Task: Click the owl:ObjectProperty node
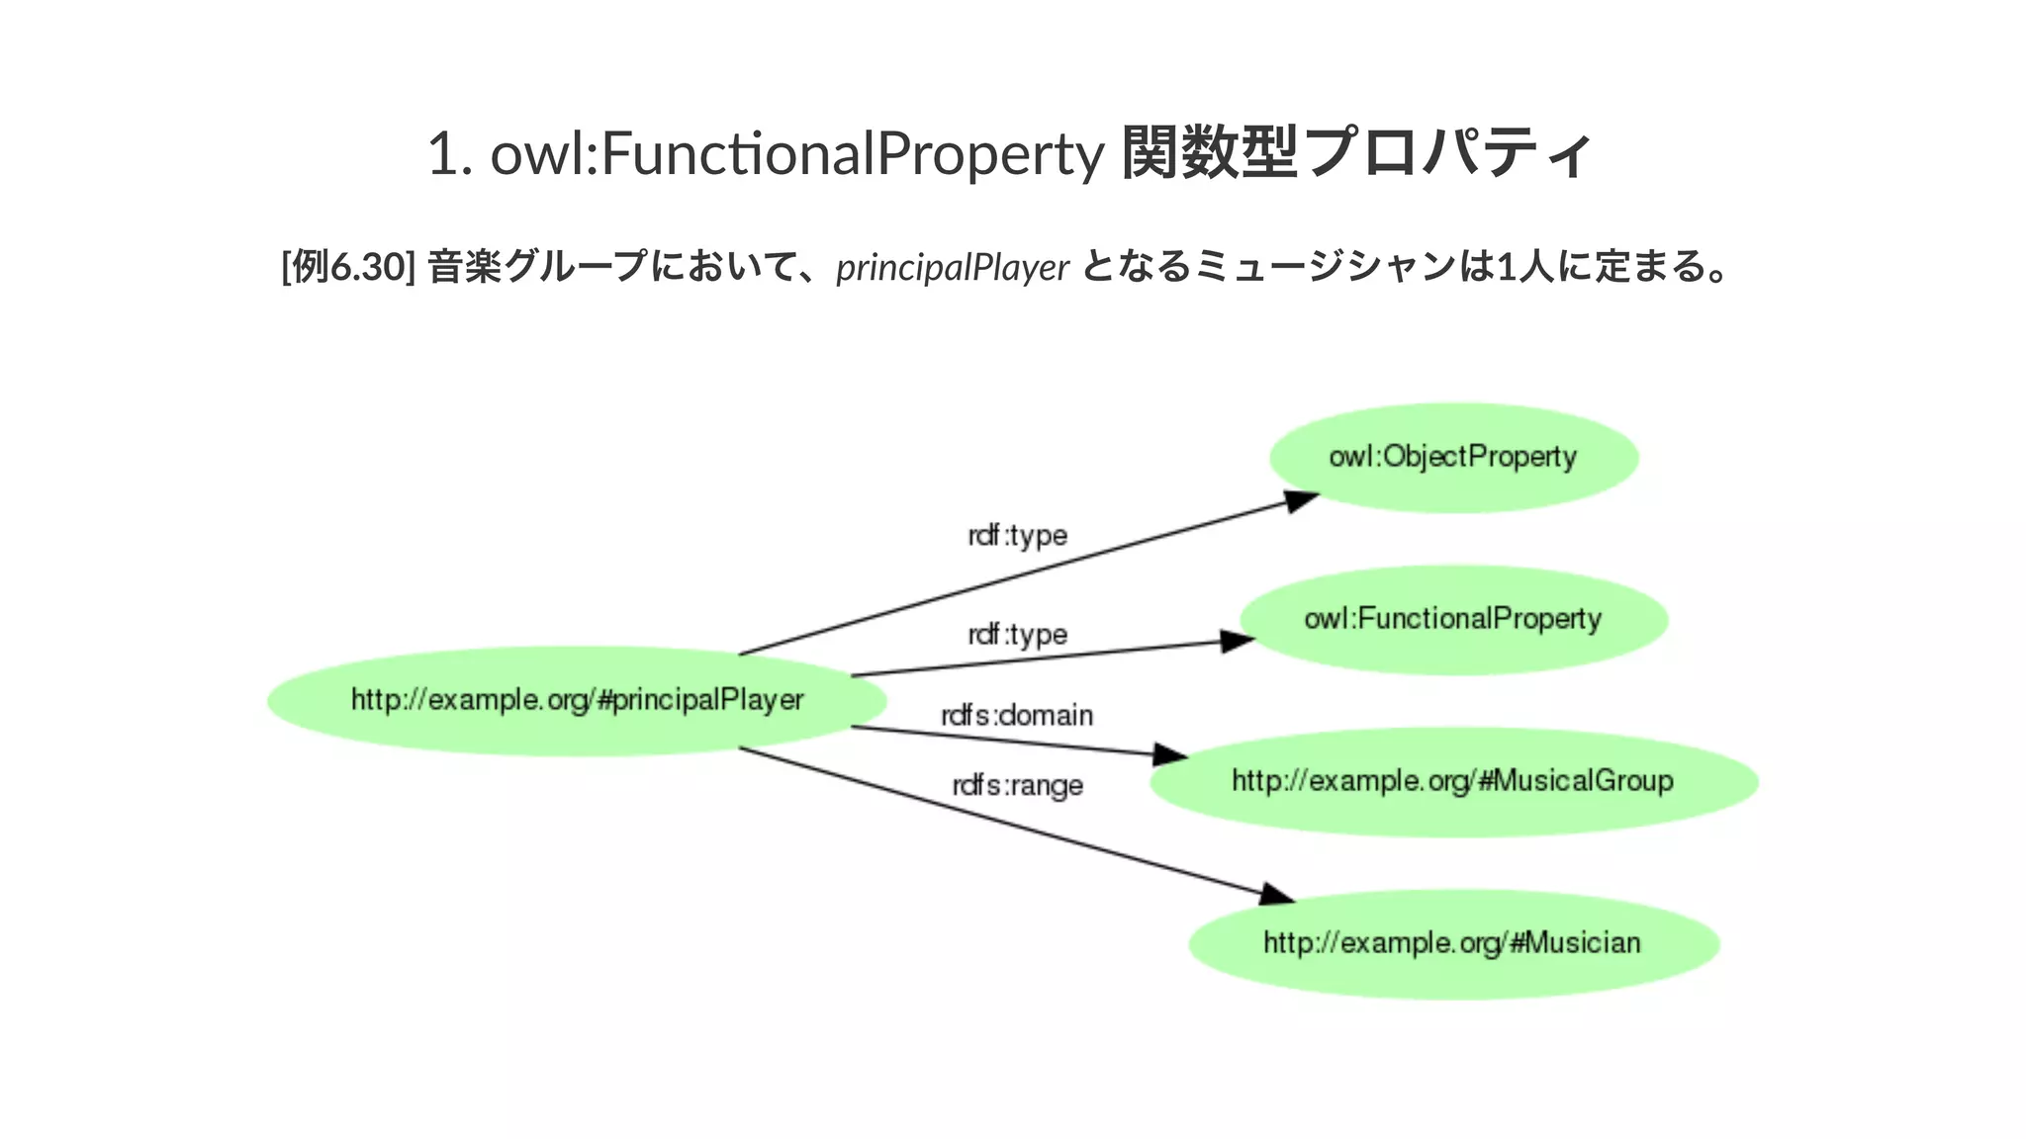click(1453, 457)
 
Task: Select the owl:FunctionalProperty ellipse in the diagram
click(1453, 619)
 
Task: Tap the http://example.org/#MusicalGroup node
click(1453, 781)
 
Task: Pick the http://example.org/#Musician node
click(1453, 943)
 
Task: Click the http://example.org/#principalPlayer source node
click(577, 700)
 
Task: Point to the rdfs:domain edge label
click(1017, 715)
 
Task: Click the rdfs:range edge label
click(1017, 786)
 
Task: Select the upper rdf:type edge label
click(1017, 536)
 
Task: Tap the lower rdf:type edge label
click(1017, 635)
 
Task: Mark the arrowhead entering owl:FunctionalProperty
click(1237, 642)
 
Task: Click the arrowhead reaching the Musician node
click(1277, 895)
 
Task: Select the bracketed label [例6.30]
click(348, 267)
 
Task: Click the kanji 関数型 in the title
click(1210, 154)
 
